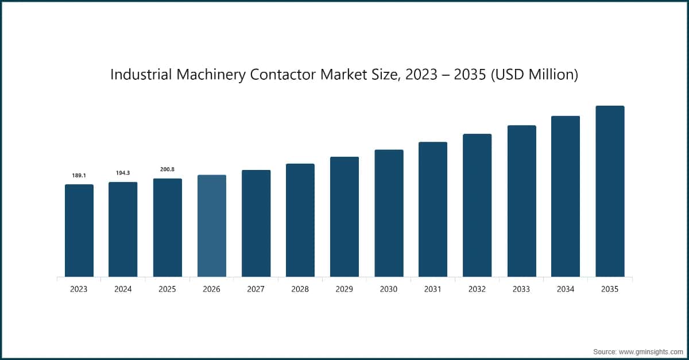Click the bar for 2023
click(x=79, y=231)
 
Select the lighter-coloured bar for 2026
click(x=211, y=226)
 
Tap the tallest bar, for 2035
click(x=609, y=192)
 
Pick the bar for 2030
click(x=389, y=214)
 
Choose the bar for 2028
click(x=300, y=220)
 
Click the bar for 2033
click(x=521, y=202)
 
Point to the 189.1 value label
click(x=79, y=175)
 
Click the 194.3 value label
click(x=123, y=173)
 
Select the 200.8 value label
click(x=167, y=169)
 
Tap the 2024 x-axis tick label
click(x=123, y=289)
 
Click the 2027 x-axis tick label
click(x=256, y=289)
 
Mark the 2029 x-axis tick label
click(x=344, y=289)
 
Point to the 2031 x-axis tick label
click(x=432, y=289)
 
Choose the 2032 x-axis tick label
click(x=477, y=289)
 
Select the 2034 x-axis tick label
click(x=566, y=289)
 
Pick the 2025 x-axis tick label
click(x=167, y=289)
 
